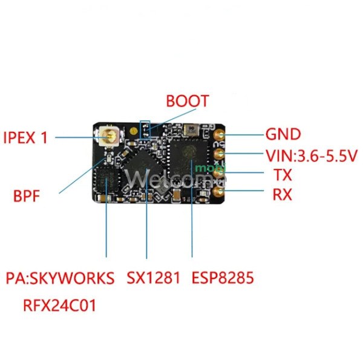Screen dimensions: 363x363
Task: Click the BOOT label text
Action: point(188,101)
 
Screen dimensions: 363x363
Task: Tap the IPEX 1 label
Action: point(25,137)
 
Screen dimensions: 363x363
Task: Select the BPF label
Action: point(27,196)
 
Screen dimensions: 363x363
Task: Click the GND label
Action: point(283,134)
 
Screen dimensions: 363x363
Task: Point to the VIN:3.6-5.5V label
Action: point(312,155)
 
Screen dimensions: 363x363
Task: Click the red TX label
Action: point(283,175)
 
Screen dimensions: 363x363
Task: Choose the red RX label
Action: point(282,194)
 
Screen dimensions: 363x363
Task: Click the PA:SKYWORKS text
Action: point(60,278)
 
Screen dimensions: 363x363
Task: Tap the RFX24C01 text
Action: point(59,306)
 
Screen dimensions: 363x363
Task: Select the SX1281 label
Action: point(153,278)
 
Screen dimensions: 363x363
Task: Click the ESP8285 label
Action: point(223,278)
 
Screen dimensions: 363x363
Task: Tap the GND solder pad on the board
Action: point(219,134)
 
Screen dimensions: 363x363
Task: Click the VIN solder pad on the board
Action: point(219,154)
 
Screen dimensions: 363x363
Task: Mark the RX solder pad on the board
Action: point(219,191)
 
